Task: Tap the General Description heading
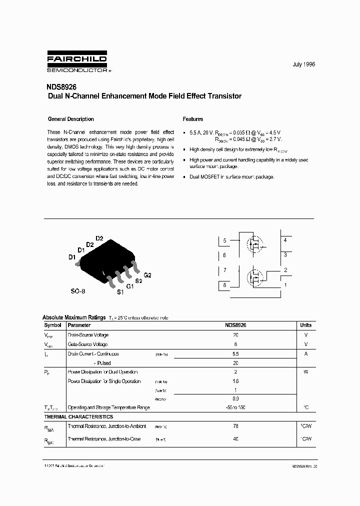(70, 119)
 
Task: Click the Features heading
(193, 119)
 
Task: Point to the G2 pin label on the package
(147, 275)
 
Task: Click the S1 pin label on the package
(120, 292)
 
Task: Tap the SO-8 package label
(78, 290)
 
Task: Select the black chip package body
(106, 258)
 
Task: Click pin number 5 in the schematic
(225, 240)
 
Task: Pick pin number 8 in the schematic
(225, 285)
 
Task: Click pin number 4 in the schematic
(285, 240)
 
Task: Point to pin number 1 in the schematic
(285, 285)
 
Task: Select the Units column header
(305, 325)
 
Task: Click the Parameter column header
(79, 325)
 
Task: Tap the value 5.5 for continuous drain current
(235, 353)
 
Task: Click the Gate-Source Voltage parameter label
(88, 344)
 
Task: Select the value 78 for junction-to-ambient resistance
(235, 426)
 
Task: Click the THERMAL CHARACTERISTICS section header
(78, 416)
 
